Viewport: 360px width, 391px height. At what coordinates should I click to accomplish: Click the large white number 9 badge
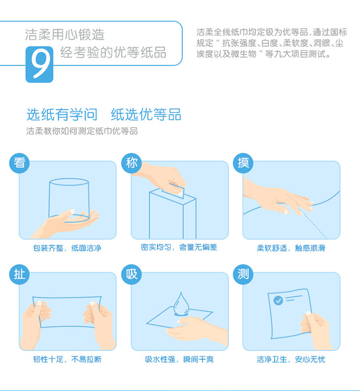point(39,64)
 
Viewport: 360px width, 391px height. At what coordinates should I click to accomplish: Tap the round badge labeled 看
point(19,163)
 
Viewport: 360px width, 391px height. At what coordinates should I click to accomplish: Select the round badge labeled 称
point(132,163)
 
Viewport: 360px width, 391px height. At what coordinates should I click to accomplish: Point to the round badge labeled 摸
point(243,163)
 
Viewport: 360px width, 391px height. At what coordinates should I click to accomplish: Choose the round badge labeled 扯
point(19,274)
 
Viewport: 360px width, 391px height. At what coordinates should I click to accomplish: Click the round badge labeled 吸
point(132,274)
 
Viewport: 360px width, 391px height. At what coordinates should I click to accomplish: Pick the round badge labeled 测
point(243,274)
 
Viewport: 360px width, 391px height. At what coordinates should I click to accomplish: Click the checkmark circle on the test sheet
point(278,301)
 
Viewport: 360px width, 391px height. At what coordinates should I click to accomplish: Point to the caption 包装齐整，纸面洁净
point(67,248)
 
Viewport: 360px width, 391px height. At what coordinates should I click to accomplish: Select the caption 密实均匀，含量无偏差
point(179,247)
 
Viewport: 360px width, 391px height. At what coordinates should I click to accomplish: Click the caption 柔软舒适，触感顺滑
point(291,248)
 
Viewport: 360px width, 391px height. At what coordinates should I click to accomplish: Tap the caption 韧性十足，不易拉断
point(67,359)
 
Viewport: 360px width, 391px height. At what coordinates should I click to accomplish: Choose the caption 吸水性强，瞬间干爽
point(180,359)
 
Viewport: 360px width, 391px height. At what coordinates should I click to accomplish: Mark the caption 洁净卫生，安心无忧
point(291,359)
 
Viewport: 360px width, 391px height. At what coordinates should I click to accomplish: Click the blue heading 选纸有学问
point(62,114)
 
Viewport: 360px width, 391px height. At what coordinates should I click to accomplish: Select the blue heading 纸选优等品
point(146,114)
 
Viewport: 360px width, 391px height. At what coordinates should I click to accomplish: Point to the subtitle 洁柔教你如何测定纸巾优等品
point(82,131)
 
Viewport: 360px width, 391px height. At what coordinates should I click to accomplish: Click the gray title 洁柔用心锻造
point(64,35)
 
